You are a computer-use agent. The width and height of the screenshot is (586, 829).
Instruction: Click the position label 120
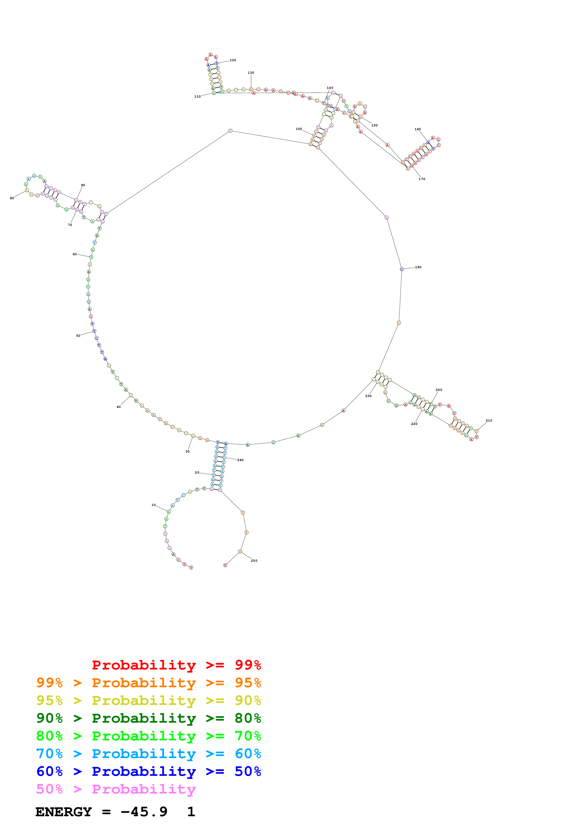tap(233, 60)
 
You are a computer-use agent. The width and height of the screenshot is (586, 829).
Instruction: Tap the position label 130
tap(251, 73)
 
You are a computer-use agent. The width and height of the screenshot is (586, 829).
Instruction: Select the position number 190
tap(418, 267)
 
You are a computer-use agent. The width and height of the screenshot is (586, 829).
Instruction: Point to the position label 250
tap(254, 561)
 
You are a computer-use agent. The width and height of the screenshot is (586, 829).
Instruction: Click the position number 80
tap(12, 198)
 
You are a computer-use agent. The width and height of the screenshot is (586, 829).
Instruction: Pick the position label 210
tap(489, 421)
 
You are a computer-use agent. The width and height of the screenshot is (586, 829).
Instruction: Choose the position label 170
tap(422, 179)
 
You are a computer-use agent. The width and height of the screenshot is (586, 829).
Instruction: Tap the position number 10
tap(153, 505)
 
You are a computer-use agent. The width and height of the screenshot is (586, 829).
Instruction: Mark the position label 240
tap(240, 460)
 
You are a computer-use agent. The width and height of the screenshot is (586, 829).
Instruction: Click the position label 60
tap(75, 254)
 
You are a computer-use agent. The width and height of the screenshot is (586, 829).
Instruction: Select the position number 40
tap(118, 407)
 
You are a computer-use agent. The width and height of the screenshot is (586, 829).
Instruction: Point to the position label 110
tap(197, 97)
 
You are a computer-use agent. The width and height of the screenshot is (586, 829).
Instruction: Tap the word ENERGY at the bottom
tap(64, 812)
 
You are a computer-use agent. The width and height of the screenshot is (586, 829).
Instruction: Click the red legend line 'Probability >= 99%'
tap(176, 665)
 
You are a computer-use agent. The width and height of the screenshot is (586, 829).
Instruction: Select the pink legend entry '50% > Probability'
tap(116, 789)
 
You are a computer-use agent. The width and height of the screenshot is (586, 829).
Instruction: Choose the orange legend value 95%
tap(248, 682)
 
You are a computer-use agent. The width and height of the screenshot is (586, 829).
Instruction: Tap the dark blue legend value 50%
tap(248, 771)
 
